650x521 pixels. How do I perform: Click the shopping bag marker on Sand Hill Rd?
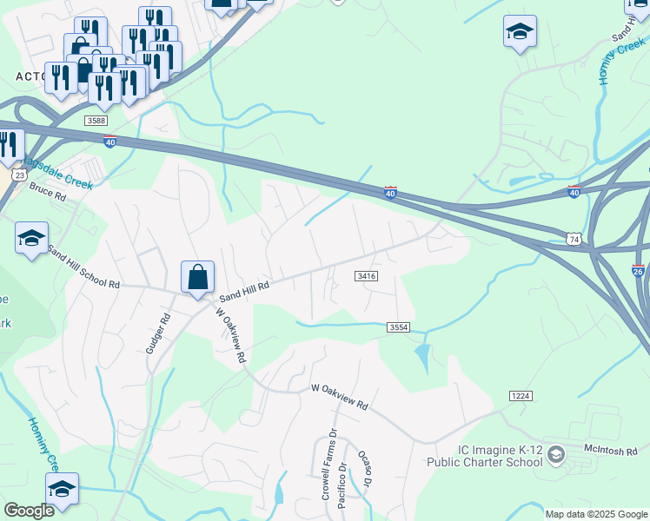(198, 278)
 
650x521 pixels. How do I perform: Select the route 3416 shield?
(365, 276)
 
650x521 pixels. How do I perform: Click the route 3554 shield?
(398, 326)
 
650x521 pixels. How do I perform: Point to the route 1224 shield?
(521, 396)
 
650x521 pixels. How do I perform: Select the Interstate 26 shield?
(640, 272)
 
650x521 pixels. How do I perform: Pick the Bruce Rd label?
(48, 192)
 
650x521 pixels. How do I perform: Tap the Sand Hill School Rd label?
(83, 267)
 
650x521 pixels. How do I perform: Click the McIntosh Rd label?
(612, 451)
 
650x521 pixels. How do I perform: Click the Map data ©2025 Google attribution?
(595, 514)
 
